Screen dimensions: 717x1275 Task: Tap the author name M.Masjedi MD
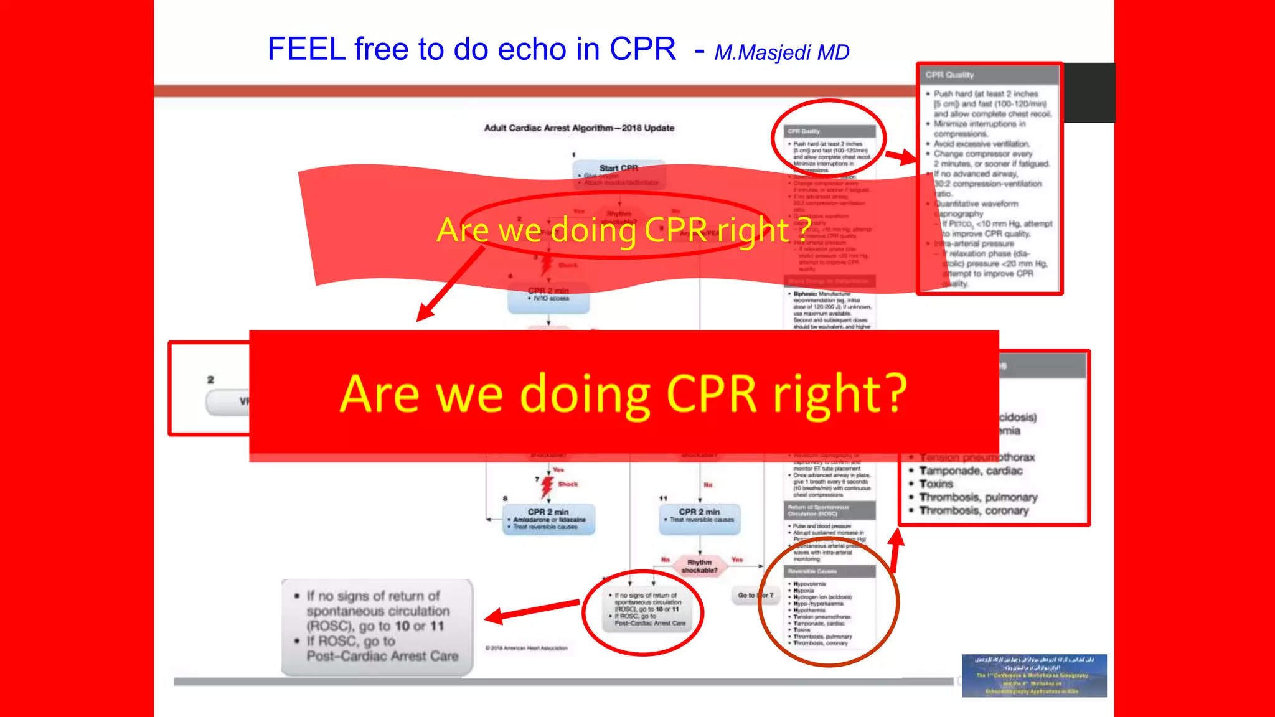tap(782, 53)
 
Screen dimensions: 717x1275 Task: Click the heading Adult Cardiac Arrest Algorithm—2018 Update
tap(579, 128)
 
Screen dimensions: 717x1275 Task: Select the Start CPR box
tap(618, 169)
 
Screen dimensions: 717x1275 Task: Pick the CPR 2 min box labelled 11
tap(700, 518)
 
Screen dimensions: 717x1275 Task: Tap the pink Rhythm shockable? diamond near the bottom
tap(699, 566)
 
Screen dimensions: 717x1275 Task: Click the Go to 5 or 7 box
tap(756, 595)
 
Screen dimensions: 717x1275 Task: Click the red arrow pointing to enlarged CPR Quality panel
tap(900, 156)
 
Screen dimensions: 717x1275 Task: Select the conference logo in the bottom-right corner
tap(1033, 675)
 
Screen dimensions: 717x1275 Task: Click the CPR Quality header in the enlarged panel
tap(950, 75)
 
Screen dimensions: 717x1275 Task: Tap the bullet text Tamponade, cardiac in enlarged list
tap(971, 471)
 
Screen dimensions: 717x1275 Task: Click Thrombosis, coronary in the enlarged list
tap(974, 510)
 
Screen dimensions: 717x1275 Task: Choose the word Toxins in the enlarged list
tap(936, 484)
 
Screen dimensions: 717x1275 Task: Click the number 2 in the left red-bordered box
tap(210, 380)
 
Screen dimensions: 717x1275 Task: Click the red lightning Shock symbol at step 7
tap(547, 485)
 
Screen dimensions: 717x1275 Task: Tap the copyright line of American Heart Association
tap(527, 648)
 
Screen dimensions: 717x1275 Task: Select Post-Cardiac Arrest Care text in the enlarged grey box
tap(382, 656)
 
